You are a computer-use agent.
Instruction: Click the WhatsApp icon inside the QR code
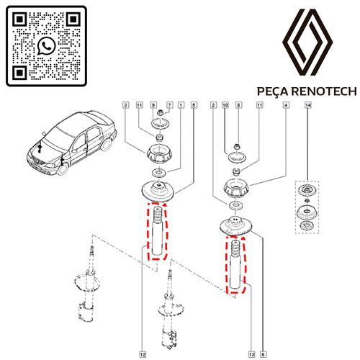pos(46,45)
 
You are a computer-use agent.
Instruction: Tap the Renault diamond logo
pos(307,42)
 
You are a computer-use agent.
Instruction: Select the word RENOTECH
pos(324,91)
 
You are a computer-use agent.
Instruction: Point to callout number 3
pos(125,105)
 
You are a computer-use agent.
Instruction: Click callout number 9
pos(153,105)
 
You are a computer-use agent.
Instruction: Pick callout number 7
pos(169,105)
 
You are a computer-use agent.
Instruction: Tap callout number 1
pos(181,105)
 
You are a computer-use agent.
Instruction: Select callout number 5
pos(194,105)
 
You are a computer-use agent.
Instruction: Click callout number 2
pos(213,105)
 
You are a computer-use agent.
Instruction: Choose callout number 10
pos(225,105)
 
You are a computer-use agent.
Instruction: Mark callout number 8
pos(238,105)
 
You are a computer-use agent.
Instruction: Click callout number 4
pos(286,105)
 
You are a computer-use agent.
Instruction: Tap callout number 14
pos(308,105)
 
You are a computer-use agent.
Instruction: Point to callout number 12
pos(143,354)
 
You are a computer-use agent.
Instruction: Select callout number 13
pos(251,354)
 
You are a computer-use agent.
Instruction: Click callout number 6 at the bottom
pos(263,354)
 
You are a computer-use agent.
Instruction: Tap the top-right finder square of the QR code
pos(73,19)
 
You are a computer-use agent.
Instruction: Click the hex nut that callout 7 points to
pos(160,112)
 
